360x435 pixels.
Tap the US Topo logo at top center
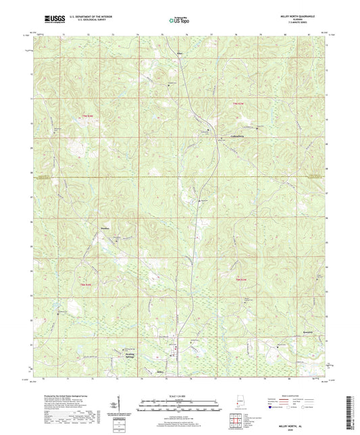[179, 21]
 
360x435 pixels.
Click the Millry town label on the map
[161, 371]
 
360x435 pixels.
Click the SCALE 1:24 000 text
[179, 396]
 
